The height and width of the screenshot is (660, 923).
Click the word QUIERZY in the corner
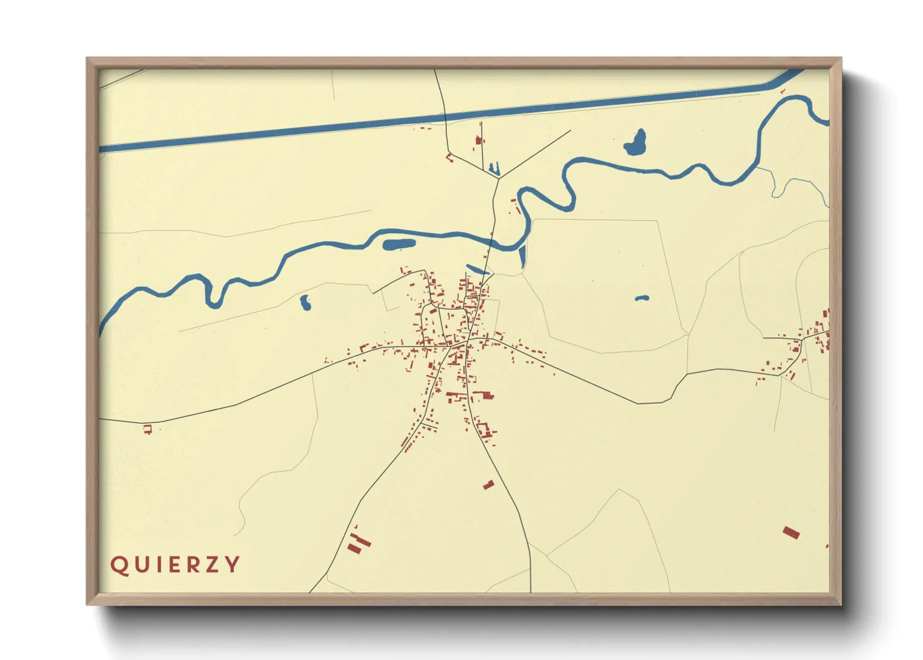(x=175, y=565)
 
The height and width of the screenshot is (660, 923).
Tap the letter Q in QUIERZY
(x=118, y=565)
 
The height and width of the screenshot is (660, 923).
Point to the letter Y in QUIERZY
(x=233, y=565)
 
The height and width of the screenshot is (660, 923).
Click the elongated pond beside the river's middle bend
(x=399, y=244)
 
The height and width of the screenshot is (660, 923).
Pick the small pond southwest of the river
(x=305, y=303)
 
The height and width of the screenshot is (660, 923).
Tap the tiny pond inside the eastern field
(x=642, y=298)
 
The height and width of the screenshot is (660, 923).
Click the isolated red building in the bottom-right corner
(x=791, y=532)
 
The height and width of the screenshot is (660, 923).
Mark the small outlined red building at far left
(x=148, y=429)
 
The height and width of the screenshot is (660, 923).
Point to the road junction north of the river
(x=499, y=178)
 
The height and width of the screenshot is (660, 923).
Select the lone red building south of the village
(x=489, y=484)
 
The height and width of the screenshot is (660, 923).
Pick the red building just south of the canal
(x=479, y=140)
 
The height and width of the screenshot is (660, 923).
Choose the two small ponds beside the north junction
(x=494, y=168)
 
